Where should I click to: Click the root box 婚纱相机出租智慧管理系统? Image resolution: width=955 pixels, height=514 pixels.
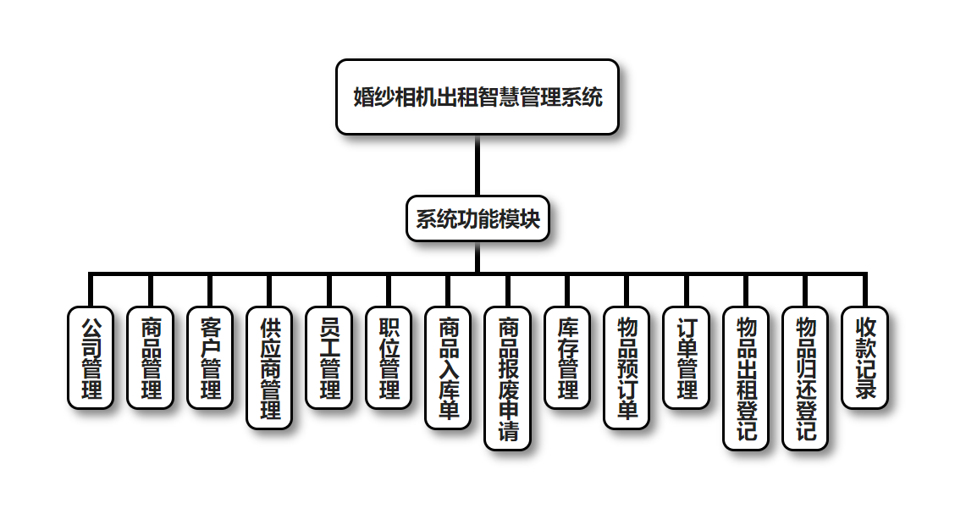click(477, 97)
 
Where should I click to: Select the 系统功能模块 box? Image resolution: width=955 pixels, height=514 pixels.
click(477, 218)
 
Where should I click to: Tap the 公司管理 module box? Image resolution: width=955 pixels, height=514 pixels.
click(91, 357)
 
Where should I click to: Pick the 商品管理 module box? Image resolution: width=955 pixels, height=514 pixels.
click(150, 357)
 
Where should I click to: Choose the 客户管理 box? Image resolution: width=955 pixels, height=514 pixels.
click(210, 357)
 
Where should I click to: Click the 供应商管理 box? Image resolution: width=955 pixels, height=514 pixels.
click(269, 368)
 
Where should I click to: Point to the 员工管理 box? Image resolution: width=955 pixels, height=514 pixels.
click(328, 357)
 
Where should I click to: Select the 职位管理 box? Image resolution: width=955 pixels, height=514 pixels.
click(389, 357)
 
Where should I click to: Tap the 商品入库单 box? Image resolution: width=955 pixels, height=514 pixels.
click(448, 368)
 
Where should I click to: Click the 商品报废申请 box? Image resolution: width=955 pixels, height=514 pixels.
click(507, 378)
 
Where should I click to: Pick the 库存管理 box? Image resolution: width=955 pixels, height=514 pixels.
click(567, 357)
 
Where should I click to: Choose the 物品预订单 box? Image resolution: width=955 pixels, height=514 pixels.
click(627, 368)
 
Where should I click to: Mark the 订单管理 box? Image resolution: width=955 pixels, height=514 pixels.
click(686, 357)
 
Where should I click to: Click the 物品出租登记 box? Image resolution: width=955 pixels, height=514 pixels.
click(746, 378)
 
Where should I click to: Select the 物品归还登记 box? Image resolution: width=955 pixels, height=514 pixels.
click(805, 378)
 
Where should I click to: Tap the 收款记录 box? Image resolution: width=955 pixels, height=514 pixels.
click(864, 357)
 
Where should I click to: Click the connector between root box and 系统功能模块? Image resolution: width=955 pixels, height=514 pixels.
click(477, 165)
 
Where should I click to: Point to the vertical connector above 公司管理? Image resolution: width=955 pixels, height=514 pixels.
click(91, 290)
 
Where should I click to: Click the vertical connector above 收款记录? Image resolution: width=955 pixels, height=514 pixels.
click(864, 290)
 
